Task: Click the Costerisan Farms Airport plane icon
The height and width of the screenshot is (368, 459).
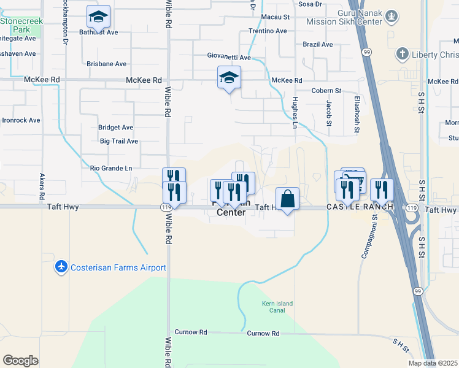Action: [61, 267]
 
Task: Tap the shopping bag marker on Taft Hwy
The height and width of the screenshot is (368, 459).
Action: [287, 199]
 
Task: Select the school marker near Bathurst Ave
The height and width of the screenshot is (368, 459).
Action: [98, 18]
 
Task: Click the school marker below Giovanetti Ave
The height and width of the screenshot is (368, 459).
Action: [229, 78]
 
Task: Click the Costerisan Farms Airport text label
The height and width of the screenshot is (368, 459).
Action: [118, 267]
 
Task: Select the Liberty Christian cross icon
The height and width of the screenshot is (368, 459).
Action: [403, 54]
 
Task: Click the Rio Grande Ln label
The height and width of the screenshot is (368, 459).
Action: [111, 168]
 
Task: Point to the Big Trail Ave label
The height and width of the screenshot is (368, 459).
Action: [119, 141]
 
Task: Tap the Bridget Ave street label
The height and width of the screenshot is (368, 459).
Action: [115, 128]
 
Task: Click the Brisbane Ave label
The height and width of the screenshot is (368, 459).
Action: [107, 64]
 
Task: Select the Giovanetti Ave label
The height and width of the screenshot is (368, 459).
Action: [228, 58]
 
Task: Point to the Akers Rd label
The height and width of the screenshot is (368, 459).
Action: [42, 186]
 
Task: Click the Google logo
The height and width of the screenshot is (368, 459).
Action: [20, 360]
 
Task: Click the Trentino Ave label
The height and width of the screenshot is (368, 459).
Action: [268, 31]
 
